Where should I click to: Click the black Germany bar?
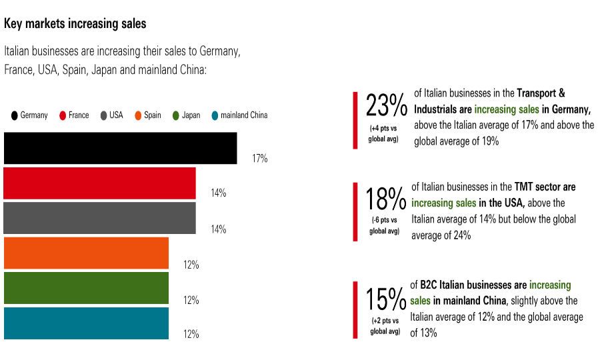[x=120, y=148]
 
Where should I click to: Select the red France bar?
[x=99, y=183]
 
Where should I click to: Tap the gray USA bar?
[x=99, y=218]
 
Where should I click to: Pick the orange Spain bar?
[x=86, y=253]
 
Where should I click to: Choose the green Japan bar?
[x=86, y=288]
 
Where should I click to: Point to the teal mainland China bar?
[x=86, y=323]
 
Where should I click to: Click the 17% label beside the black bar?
[x=259, y=159]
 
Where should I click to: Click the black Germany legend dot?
[x=14, y=115]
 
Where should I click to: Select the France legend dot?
[x=63, y=115]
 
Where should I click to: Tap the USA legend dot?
[x=104, y=115]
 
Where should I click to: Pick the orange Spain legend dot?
[x=138, y=115]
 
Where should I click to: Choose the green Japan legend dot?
[x=176, y=115]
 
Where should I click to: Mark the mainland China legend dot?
[x=215, y=115]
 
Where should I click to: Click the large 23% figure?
[x=386, y=106]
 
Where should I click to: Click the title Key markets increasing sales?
[x=75, y=24]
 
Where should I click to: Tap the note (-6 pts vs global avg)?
[x=385, y=225]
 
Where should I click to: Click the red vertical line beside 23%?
[x=355, y=120]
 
